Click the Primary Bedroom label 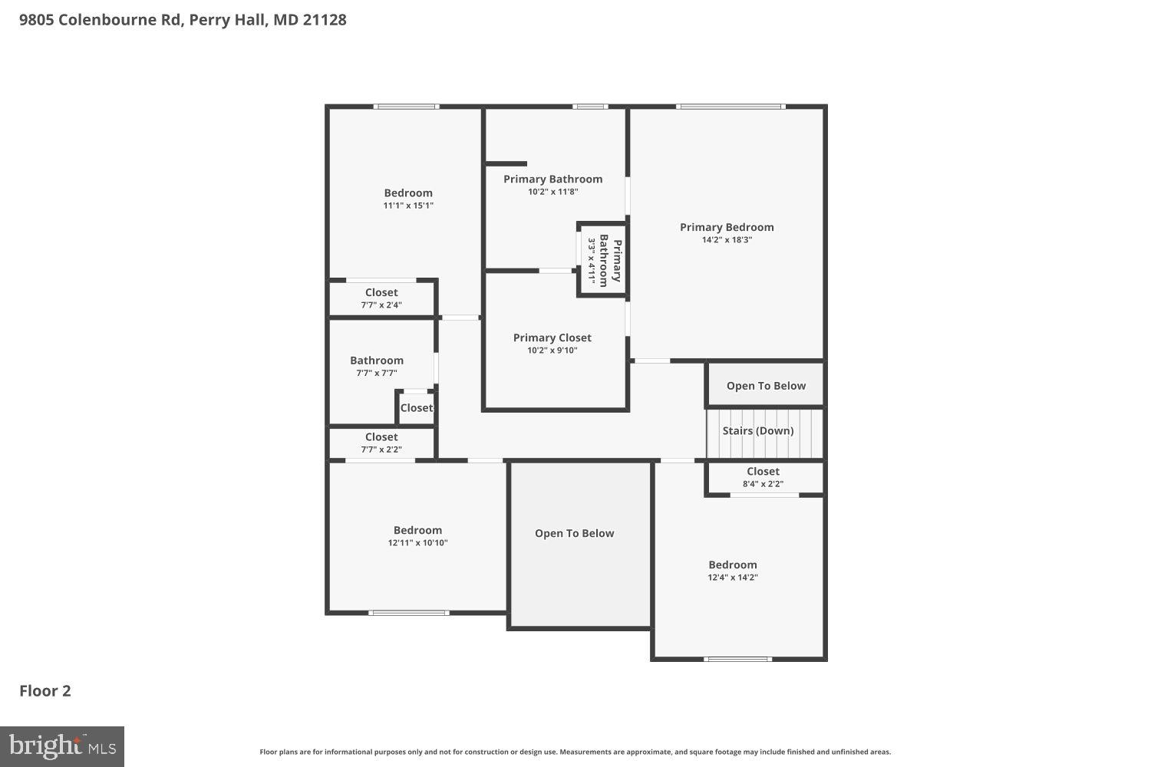[x=727, y=227]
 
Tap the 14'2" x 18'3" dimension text [x=727, y=240]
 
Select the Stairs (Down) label [x=757, y=431]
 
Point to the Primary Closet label [x=552, y=337]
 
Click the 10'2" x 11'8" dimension [x=552, y=192]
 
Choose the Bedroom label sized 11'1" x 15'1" [x=408, y=193]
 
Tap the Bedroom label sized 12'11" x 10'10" [x=417, y=530]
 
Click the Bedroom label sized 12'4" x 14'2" [x=733, y=565]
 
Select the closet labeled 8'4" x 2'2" [x=763, y=472]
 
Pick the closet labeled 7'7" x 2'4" [x=381, y=292]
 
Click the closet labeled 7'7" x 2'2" [x=381, y=437]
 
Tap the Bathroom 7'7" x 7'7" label [x=377, y=360]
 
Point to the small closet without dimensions [x=416, y=408]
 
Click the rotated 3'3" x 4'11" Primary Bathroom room [x=603, y=260]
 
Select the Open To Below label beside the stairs [x=766, y=386]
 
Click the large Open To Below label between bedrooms [x=574, y=534]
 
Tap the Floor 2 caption [x=45, y=690]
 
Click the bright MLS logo [x=62, y=746]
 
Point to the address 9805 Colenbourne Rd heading [x=183, y=20]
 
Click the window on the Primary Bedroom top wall [x=731, y=107]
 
